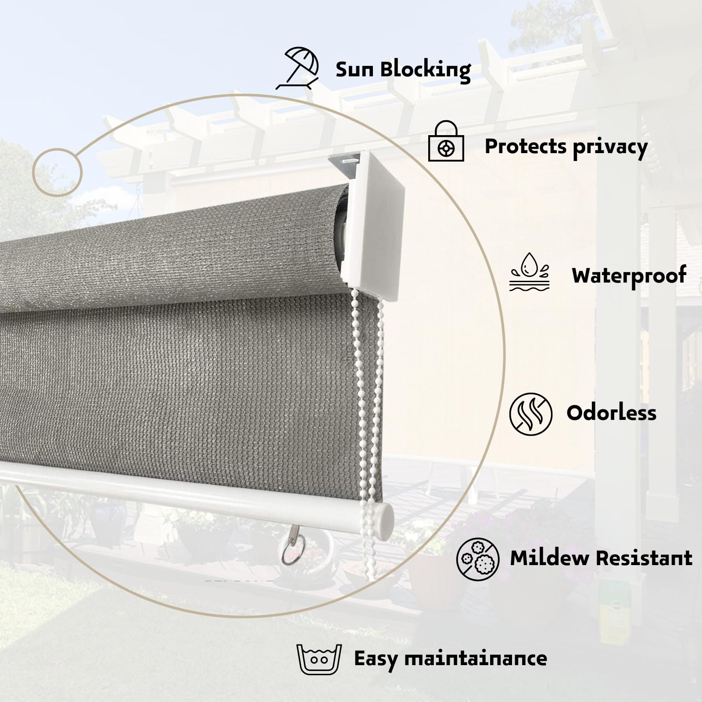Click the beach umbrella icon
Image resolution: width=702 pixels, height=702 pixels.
pyautogui.click(x=297, y=68)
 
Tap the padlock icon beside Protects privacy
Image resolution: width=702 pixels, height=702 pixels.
pyautogui.click(x=446, y=142)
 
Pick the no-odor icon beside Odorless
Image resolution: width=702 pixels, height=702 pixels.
pyautogui.click(x=530, y=414)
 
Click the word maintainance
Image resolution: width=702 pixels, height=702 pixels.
pyautogui.click(x=475, y=659)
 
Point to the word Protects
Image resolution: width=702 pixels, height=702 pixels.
pyautogui.click(x=525, y=147)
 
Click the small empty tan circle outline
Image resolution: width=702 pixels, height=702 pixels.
pyautogui.click(x=57, y=172)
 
